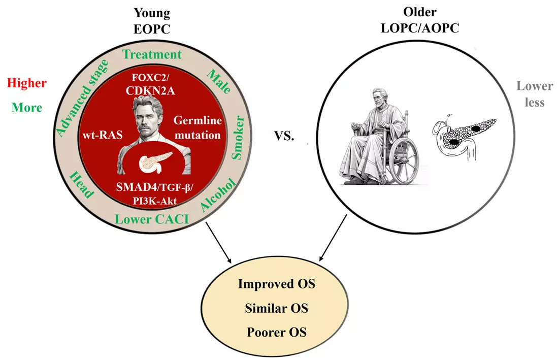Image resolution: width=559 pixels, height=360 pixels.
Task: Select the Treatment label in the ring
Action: click(152, 54)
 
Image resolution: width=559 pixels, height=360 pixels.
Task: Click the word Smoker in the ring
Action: click(238, 138)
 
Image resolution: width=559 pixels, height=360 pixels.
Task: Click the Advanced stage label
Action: click(81, 98)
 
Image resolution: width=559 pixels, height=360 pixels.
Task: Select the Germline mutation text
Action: click(197, 128)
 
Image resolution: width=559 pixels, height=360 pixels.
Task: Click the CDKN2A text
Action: click(152, 91)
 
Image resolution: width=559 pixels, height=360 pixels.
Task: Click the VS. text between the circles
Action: click(284, 137)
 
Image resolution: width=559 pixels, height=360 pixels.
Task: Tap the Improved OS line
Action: click(277, 283)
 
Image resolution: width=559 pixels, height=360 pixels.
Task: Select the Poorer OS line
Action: click(277, 333)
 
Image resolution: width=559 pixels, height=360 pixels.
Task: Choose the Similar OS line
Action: click(277, 308)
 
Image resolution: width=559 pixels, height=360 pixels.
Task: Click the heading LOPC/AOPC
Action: click(420, 28)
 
